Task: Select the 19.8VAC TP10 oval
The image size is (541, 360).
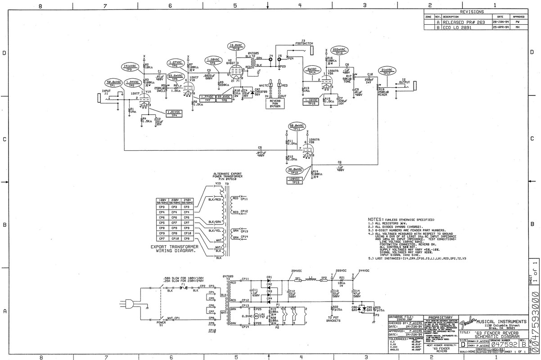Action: (x=237, y=47)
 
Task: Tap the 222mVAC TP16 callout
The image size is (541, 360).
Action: (x=340, y=51)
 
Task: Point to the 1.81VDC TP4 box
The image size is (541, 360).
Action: (x=173, y=113)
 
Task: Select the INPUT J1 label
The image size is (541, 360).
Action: (x=106, y=92)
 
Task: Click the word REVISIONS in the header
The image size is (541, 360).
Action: (x=472, y=12)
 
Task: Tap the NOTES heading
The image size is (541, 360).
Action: (x=375, y=219)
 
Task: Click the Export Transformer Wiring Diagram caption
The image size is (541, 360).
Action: (x=176, y=249)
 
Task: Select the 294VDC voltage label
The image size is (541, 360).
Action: (x=297, y=271)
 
